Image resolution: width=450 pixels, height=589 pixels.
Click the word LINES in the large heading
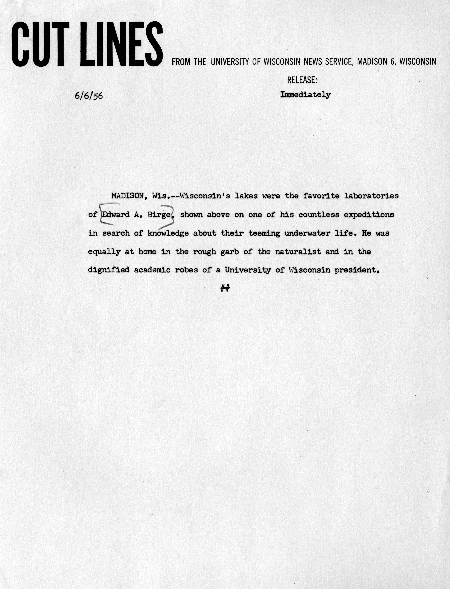(121, 44)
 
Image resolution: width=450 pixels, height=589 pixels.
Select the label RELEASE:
(302, 80)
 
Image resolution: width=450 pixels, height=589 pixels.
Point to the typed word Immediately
(305, 95)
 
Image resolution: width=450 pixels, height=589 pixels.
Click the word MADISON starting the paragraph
(127, 196)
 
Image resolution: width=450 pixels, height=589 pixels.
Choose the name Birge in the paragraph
(159, 215)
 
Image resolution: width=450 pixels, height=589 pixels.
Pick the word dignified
(108, 270)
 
